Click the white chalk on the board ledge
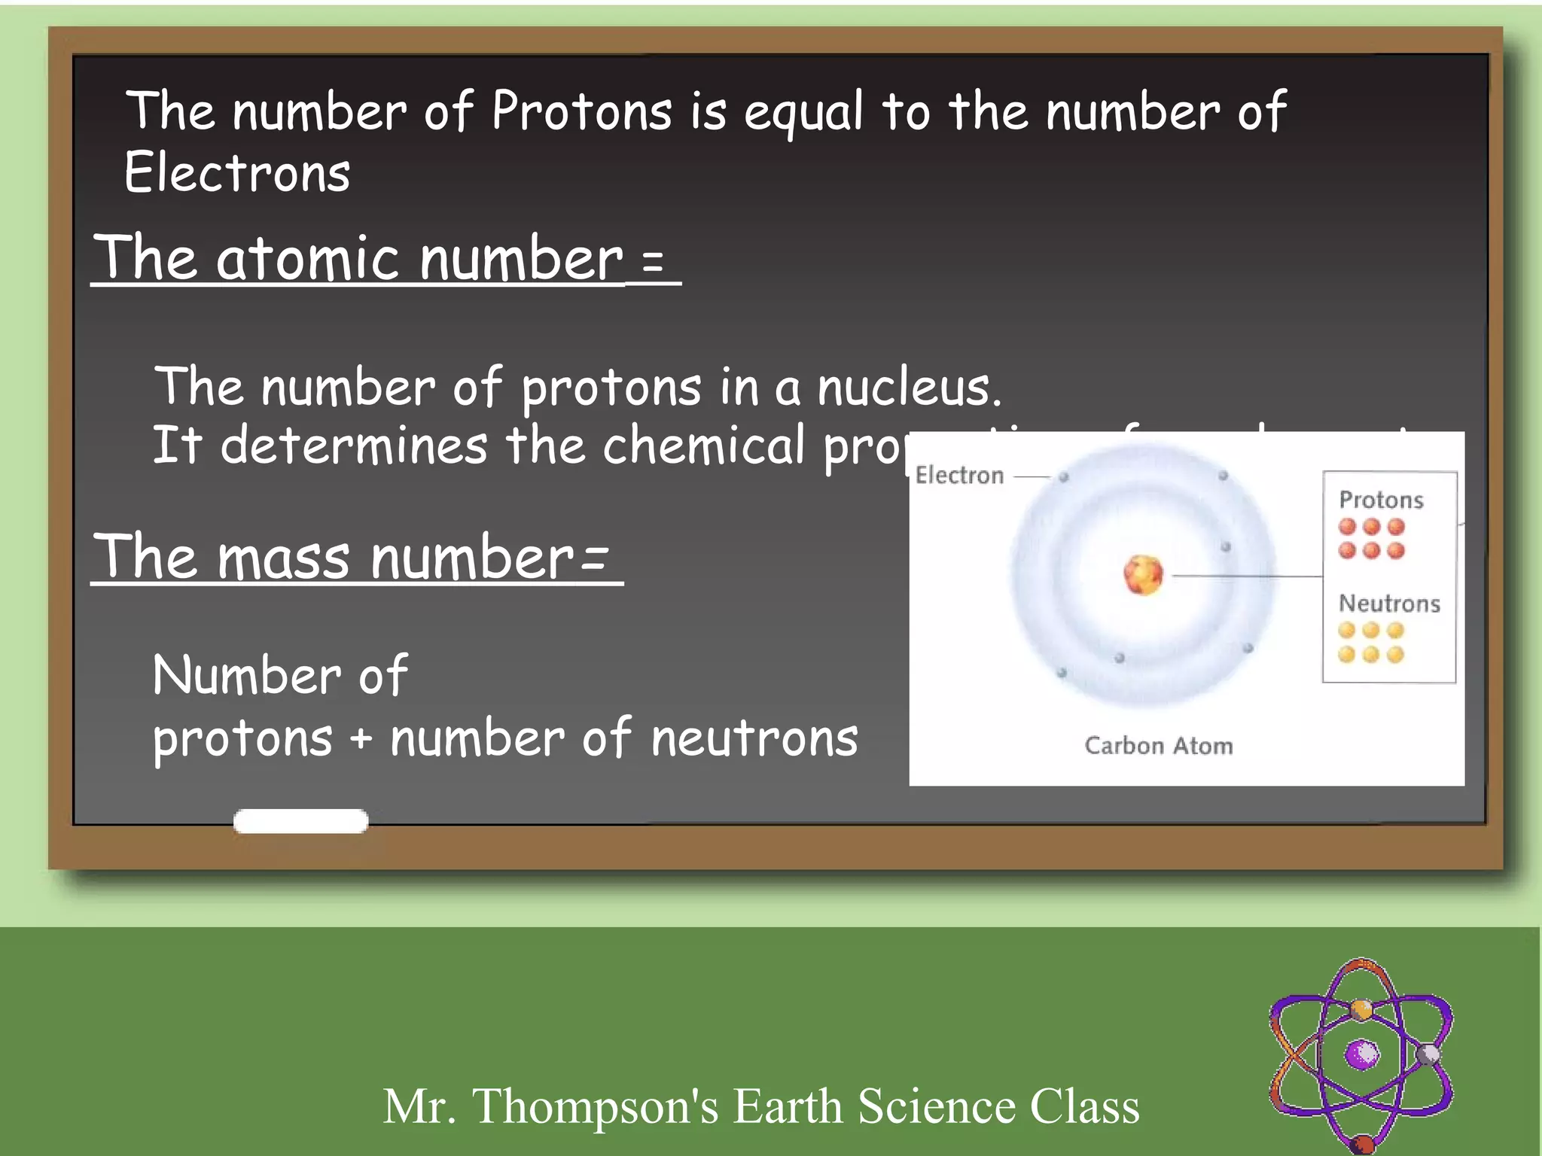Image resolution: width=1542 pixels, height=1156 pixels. pos(300,820)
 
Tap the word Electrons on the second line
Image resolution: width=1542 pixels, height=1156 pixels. pos(237,173)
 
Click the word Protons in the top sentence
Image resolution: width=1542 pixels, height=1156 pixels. pos(581,111)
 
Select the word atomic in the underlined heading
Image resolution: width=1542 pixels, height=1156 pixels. pos(308,259)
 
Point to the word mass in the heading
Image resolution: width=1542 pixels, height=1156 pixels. pos(284,558)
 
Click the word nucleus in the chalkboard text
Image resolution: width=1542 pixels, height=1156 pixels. pos(909,388)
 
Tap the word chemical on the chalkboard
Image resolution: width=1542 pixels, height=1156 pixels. pos(704,445)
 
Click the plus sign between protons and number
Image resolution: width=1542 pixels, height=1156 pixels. pos(361,739)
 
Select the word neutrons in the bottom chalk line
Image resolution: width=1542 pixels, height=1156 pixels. pos(754,739)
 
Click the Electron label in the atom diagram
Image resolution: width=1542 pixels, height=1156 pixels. pos(959,476)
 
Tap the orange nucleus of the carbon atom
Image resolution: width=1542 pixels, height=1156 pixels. pos(1143,575)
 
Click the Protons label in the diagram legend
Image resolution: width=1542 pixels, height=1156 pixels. pos(1381,500)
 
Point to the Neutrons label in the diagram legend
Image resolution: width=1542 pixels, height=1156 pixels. pos(1389,604)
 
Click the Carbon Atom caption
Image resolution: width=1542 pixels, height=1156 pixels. pos(1159,746)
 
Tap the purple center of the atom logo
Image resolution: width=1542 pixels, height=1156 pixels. pos(1361,1054)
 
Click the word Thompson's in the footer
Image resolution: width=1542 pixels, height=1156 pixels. pos(595,1106)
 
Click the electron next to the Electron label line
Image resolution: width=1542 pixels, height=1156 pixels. pos(1064,476)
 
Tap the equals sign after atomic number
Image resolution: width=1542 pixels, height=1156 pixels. pos(653,262)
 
